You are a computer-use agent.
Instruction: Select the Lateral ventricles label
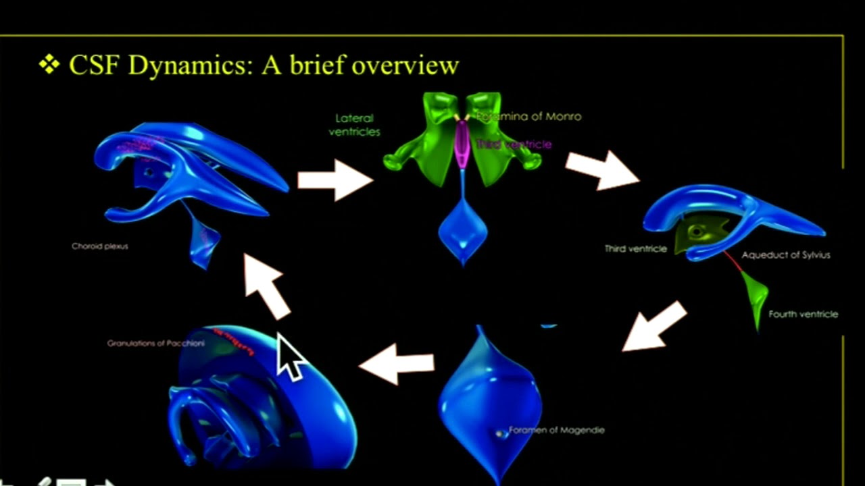click(354, 125)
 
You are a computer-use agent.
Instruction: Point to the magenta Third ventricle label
click(514, 144)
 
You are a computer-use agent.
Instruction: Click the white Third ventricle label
click(635, 248)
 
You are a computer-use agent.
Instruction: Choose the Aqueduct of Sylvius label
click(785, 255)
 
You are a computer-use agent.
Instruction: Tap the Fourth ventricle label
click(803, 314)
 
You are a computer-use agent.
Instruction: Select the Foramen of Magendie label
click(556, 430)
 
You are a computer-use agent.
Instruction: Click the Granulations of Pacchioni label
click(155, 343)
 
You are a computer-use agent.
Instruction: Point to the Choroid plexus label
click(99, 246)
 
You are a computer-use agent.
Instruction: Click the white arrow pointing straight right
click(335, 180)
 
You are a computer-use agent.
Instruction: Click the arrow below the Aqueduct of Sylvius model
click(654, 327)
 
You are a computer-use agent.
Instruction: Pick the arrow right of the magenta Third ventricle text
click(602, 169)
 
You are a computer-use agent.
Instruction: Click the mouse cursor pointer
click(291, 358)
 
